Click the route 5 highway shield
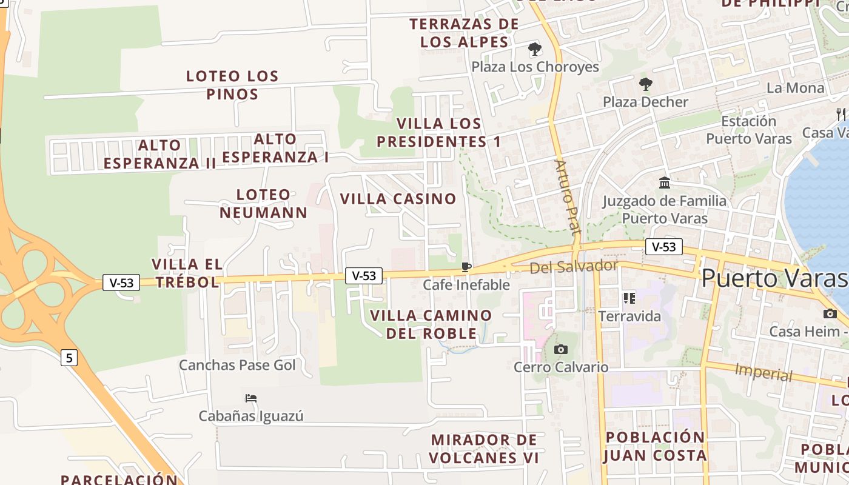click(x=69, y=358)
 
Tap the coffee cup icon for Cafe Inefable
click(x=466, y=267)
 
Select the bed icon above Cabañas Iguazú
click(x=251, y=398)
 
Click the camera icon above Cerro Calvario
click(x=561, y=349)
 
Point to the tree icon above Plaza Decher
click(x=645, y=84)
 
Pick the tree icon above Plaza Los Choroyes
click(x=534, y=48)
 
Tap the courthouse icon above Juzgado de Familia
click(x=665, y=182)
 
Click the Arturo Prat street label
click(x=568, y=197)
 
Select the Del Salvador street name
click(x=574, y=266)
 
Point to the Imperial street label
click(x=763, y=372)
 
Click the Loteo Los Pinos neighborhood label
click(x=232, y=85)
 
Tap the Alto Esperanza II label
click(x=159, y=154)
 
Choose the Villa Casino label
click(x=398, y=199)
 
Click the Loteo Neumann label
click(x=264, y=204)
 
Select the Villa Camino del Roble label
click(x=431, y=324)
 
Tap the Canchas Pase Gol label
click(x=237, y=365)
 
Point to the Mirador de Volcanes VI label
click(x=484, y=449)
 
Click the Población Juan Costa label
click(x=656, y=446)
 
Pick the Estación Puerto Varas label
click(x=749, y=130)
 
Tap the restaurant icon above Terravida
click(x=629, y=298)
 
